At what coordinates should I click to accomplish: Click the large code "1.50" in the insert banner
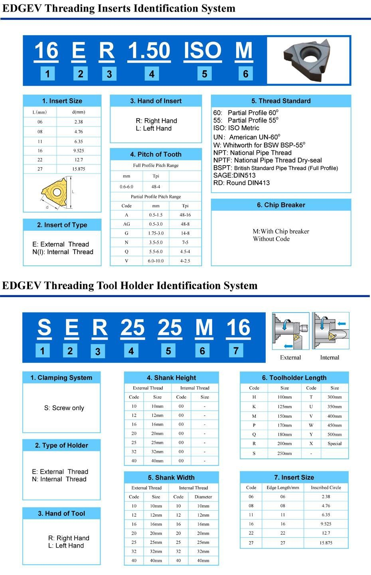[149, 51]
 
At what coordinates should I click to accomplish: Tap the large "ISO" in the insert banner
[202, 51]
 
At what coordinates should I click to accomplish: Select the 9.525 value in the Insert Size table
[79, 151]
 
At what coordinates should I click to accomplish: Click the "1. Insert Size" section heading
[62, 101]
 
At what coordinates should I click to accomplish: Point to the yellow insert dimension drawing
[55, 192]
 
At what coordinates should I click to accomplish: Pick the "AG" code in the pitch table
[126, 224]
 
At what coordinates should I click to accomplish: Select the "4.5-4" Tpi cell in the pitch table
[185, 252]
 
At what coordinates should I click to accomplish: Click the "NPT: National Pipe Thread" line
[253, 153]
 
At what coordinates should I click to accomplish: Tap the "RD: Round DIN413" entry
[241, 183]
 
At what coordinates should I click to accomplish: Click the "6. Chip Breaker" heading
[281, 205]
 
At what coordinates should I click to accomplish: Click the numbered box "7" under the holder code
[236, 351]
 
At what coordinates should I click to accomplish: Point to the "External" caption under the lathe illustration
[290, 358]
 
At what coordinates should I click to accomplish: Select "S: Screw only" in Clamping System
[64, 408]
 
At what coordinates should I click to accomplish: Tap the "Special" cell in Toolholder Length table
[335, 444]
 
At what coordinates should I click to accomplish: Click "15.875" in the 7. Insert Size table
[326, 543]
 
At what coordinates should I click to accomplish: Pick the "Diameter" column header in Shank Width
[203, 497]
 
